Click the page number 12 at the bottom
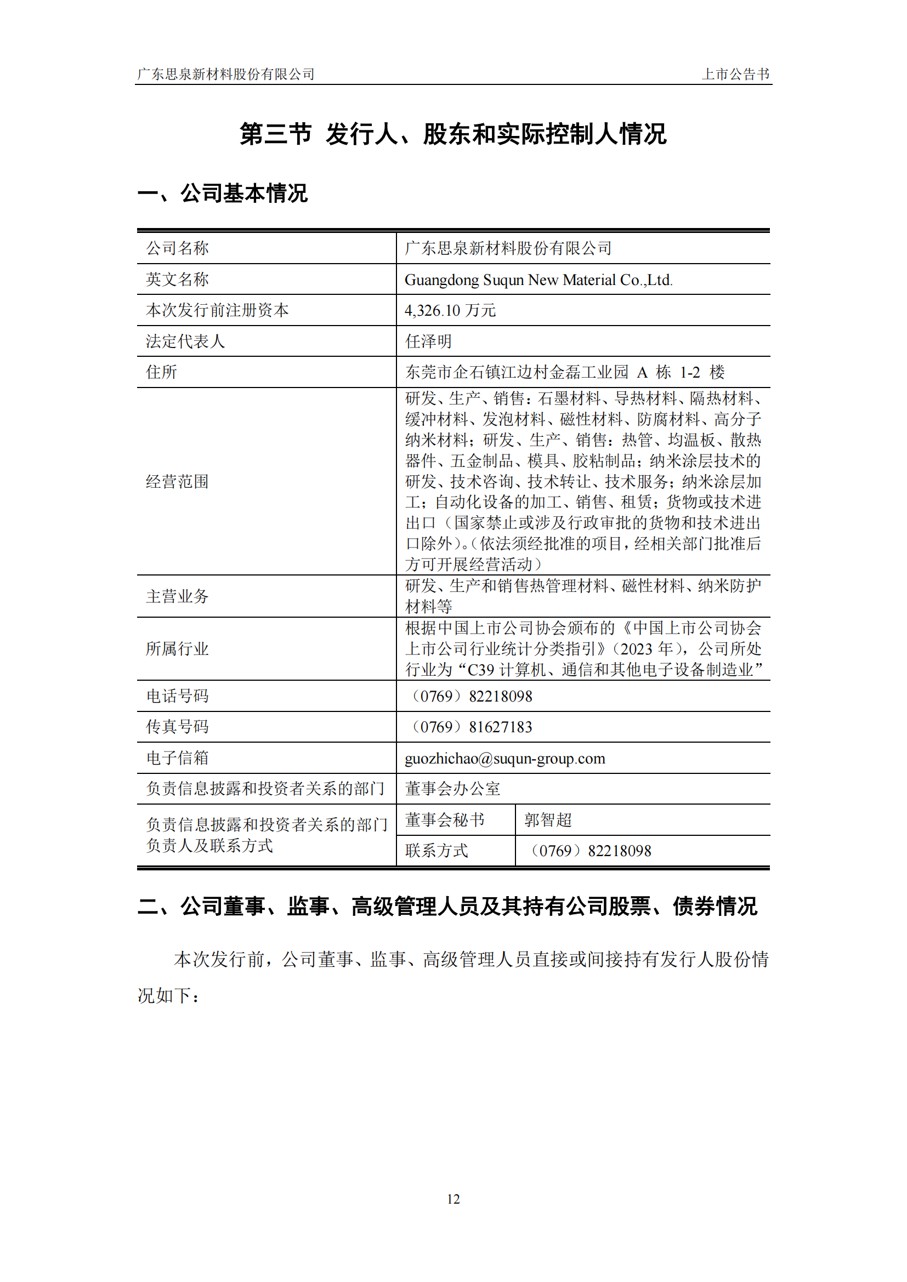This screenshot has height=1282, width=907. pos(453,1199)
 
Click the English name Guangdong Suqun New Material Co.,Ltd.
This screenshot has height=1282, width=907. pos(538,280)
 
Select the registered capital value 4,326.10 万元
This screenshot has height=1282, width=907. pos(450,310)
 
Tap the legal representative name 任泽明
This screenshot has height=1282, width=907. pos(428,341)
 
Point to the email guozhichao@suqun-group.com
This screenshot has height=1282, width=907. pos(505,758)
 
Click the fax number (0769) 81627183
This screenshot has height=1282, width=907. pos(471,727)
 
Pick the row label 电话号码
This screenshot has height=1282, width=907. pos(177,696)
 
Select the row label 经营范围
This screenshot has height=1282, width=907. pos(177,481)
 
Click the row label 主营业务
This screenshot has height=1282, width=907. pos(177,596)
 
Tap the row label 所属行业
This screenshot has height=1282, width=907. pos(177,649)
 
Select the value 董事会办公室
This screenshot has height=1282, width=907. pos(452,789)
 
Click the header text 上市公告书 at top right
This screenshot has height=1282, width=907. pos(735,74)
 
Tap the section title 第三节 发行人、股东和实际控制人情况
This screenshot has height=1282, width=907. pos(453,134)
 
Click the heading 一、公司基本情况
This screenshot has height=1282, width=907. pos(223,193)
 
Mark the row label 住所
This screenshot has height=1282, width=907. pos(161,372)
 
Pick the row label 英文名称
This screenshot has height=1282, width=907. pos(177,279)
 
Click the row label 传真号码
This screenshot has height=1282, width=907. pos(177,727)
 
